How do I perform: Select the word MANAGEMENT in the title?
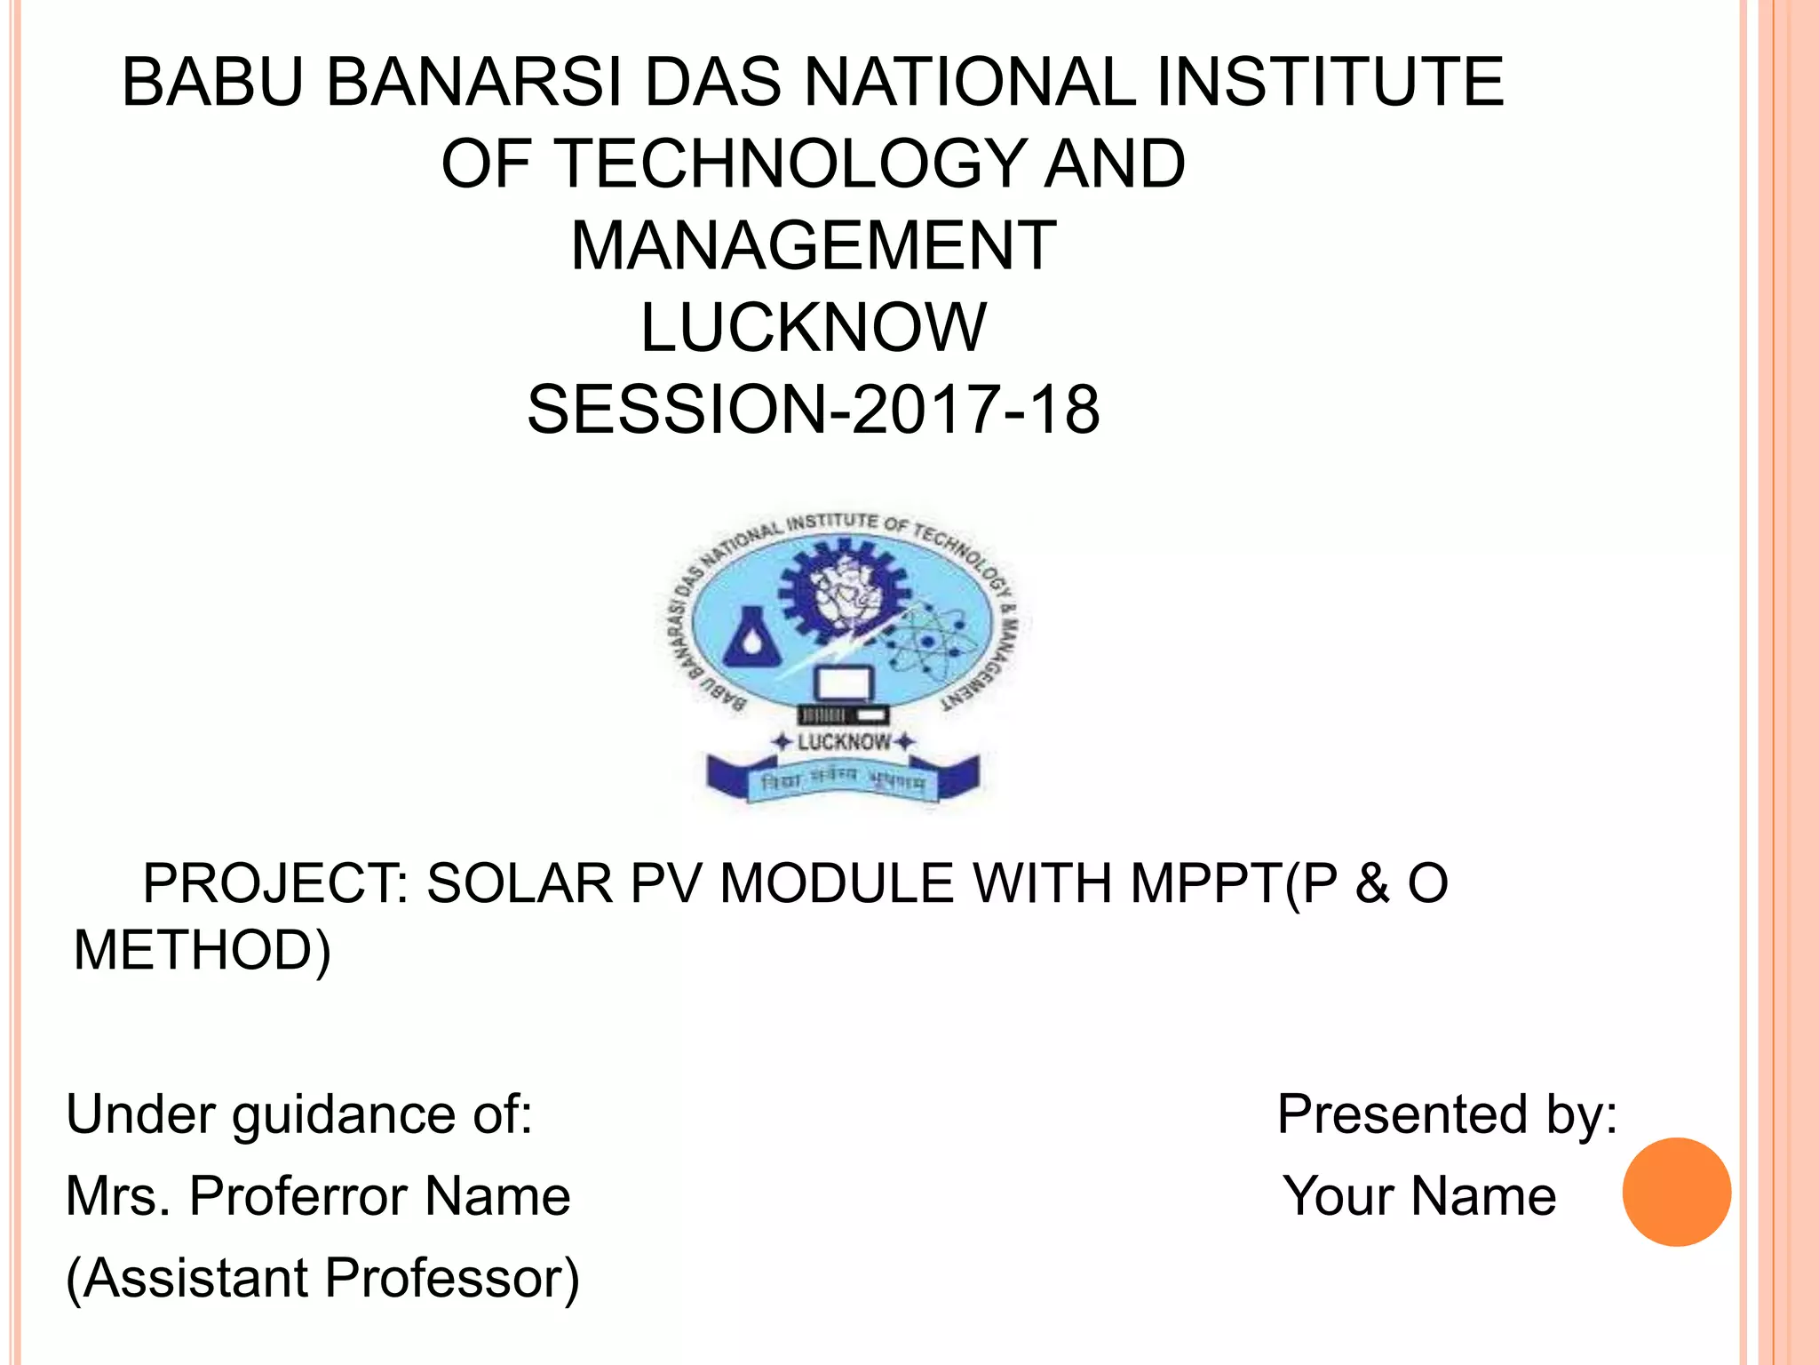[x=813, y=246]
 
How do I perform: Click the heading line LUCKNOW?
[x=813, y=328]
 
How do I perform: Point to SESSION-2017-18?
[x=813, y=410]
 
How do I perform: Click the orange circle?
[x=1676, y=1192]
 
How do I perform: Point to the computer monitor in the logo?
[x=845, y=685]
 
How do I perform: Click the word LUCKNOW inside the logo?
[x=843, y=742]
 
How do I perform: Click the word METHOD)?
[x=203, y=950]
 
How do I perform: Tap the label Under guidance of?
[x=299, y=1114]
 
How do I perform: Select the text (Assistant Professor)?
[x=322, y=1278]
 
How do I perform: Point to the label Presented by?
[x=1447, y=1114]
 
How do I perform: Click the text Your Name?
[x=1418, y=1196]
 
